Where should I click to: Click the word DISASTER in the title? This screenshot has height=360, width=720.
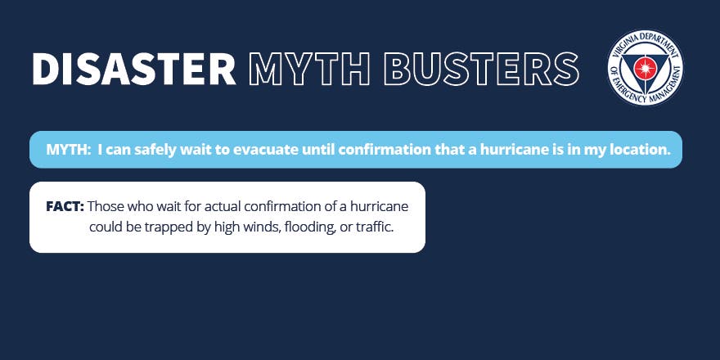click(133, 69)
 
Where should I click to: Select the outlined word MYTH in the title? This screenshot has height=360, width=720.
click(309, 69)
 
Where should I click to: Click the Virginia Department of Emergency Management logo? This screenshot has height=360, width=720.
click(645, 67)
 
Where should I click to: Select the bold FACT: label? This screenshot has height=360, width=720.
click(65, 207)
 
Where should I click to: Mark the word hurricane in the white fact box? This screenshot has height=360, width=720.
click(379, 207)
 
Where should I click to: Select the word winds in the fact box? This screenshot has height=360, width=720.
click(263, 227)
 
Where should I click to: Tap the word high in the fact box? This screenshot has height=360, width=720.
click(227, 227)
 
